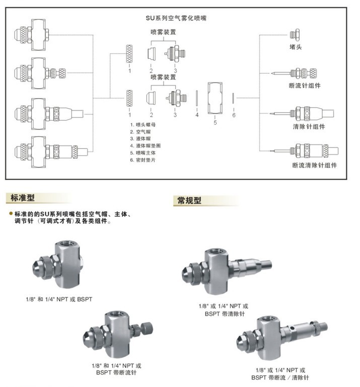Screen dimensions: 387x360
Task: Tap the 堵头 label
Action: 295,47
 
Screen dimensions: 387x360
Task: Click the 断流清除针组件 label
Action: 314,165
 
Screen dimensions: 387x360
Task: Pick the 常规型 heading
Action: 189,200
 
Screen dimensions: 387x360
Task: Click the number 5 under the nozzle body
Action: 215,122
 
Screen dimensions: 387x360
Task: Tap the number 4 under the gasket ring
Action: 197,115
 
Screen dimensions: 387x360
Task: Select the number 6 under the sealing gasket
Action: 234,115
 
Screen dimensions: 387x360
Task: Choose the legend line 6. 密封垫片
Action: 145,160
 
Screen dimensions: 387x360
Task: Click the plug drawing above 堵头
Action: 295,35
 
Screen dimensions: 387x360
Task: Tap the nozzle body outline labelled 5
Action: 215,97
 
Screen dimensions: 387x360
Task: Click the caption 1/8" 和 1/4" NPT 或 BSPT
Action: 59,299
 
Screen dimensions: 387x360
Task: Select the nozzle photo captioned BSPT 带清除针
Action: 227,269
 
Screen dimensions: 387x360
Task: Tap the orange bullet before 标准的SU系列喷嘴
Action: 11,213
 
